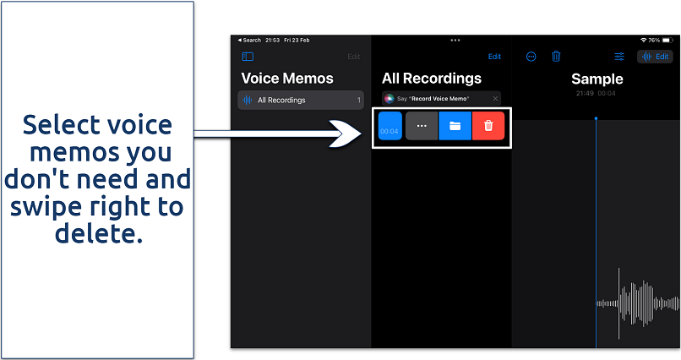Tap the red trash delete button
488,126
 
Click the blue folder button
455,126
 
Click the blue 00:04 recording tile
390,126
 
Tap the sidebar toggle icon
248,57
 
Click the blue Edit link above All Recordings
494,57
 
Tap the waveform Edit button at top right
656,57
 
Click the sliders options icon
619,57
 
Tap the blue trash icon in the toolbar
556,57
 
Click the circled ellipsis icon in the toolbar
531,57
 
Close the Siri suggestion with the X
495,99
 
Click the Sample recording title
597,79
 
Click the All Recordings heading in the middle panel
432,79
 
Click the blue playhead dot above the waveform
596,117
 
